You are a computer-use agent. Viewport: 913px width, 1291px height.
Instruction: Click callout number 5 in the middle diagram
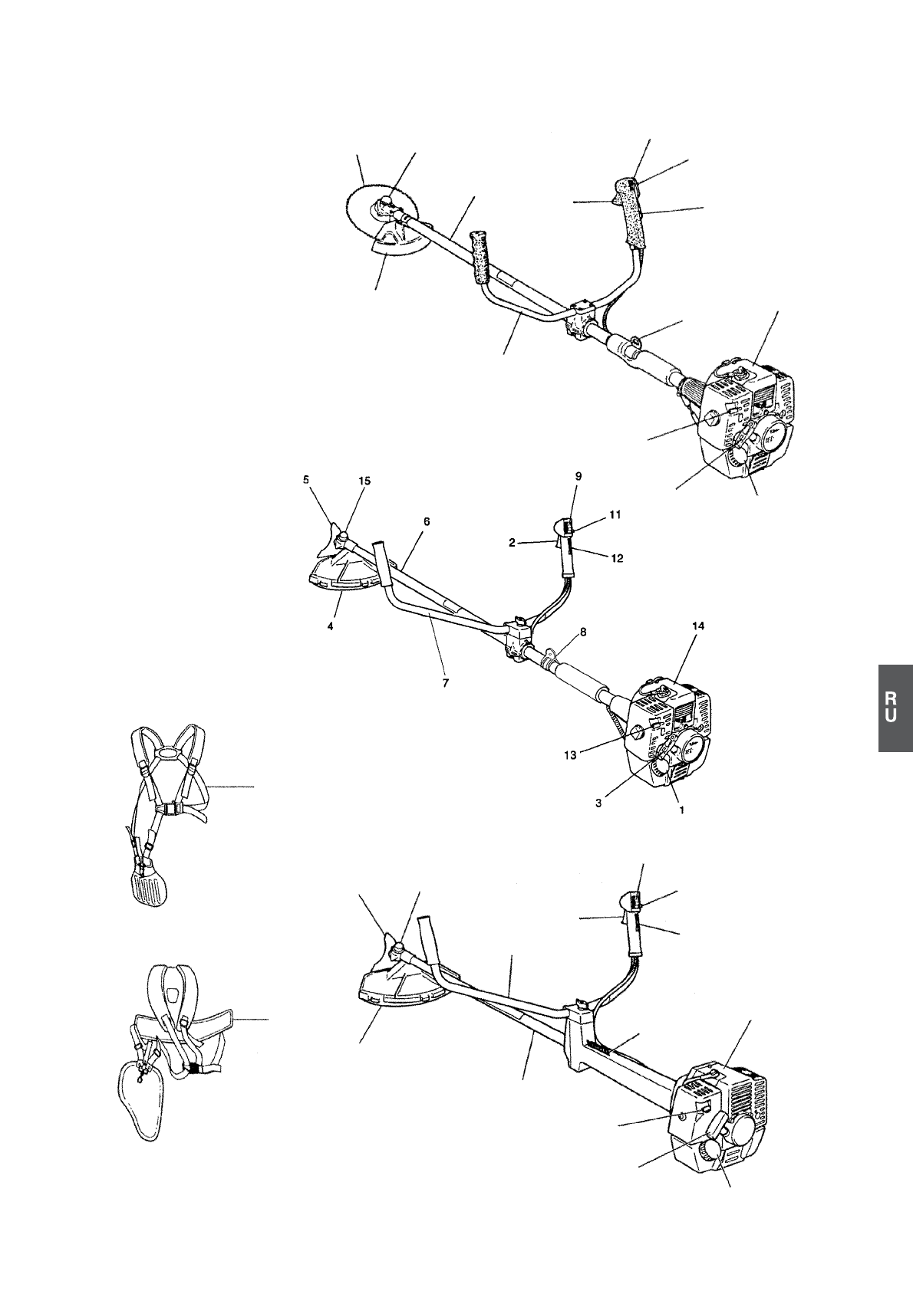point(306,481)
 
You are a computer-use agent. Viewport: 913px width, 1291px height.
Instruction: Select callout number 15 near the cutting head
point(364,481)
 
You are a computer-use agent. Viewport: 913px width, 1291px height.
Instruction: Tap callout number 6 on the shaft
point(427,521)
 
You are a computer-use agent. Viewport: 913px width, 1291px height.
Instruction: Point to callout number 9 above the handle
point(578,476)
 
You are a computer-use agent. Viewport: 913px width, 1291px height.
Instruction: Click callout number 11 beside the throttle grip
point(615,517)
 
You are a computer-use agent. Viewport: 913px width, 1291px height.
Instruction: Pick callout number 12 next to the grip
point(617,558)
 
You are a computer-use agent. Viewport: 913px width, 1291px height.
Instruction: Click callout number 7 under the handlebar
point(446,681)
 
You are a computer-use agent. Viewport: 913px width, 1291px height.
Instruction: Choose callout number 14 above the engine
point(697,626)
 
